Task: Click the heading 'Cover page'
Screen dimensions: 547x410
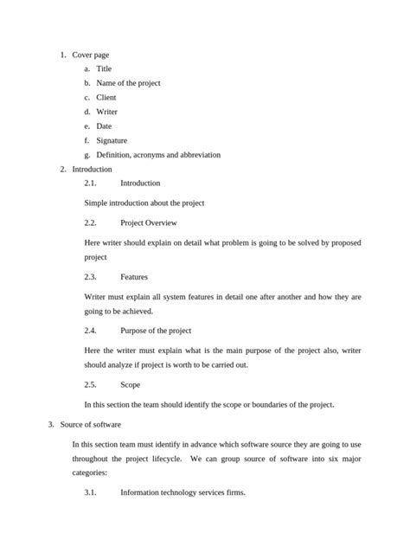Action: [x=90, y=55]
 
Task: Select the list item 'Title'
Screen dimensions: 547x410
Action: [x=104, y=68]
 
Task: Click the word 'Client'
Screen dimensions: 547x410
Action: [x=106, y=98]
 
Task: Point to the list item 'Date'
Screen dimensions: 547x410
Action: [x=104, y=126]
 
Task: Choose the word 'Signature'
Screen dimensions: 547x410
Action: [x=112, y=140]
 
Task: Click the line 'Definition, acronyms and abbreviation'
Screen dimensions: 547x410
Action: [x=158, y=155]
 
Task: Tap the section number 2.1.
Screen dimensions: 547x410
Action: [x=91, y=183]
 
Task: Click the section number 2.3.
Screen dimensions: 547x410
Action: [x=91, y=277]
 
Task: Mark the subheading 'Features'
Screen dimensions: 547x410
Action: [x=134, y=277]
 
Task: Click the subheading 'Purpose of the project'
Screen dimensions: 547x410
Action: [x=156, y=331]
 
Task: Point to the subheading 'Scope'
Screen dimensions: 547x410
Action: [x=130, y=384]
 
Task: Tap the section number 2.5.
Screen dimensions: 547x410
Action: [x=91, y=384]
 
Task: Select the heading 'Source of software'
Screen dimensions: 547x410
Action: [x=96, y=425]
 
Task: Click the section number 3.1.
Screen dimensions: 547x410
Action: [x=91, y=492]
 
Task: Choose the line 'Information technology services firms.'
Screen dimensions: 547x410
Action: [x=183, y=492]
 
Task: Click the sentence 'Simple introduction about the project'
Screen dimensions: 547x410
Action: [x=144, y=203]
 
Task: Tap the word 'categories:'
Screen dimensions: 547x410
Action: [x=90, y=473]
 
